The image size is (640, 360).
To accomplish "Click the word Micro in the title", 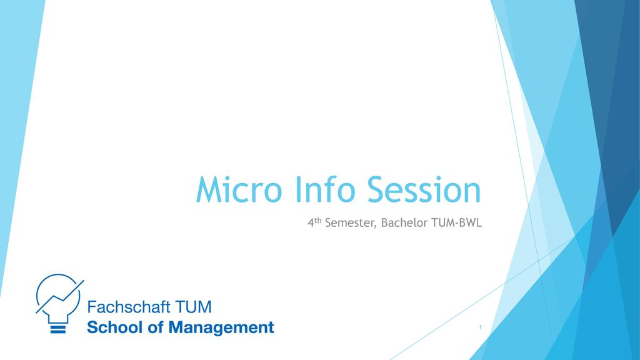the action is click(239, 189).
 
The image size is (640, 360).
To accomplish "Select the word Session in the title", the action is click(424, 189).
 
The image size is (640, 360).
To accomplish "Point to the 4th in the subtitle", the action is click(315, 222).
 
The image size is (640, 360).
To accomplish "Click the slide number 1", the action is click(480, 327).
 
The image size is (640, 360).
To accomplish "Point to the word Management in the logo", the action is click(221, 327).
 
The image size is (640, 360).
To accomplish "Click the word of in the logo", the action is click(156, 327).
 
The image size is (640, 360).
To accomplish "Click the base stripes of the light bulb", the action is click(58, 329).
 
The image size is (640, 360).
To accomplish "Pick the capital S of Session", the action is click(378, 189).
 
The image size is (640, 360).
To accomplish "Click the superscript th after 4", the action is click(318, 221).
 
